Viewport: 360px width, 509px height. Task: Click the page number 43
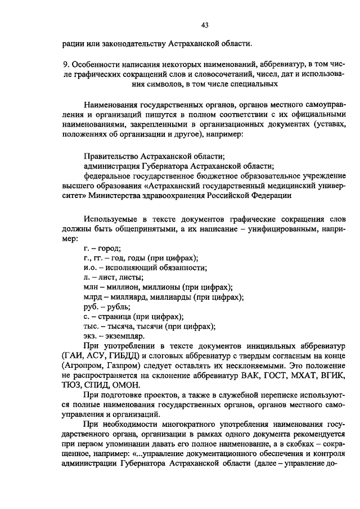(x=205, y=25)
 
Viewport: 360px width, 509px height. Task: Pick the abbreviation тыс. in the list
(x=91, y=326)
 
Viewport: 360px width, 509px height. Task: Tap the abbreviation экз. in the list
(x=91, y=336)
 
